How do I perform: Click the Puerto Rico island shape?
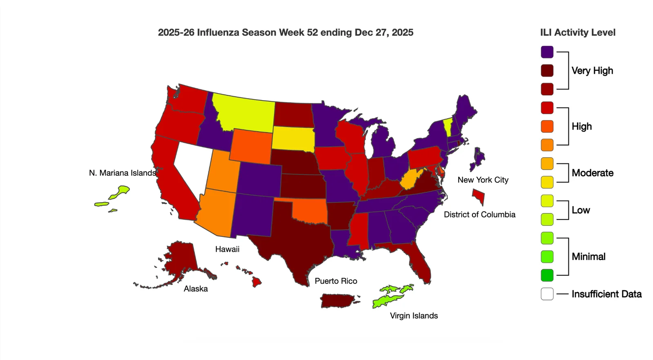[x=339, y=300]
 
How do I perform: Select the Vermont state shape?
[x=448, y=127]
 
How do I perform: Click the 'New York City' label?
[x=483, y=180]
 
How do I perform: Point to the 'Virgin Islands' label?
[x=414, y=316]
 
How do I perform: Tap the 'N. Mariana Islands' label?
[x=122, y=173]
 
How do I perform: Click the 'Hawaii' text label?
[x=227, y=249]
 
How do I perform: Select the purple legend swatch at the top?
[x=547, y=52]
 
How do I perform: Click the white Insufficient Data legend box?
[x=547, y=294]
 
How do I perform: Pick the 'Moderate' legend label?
[x=592, y=173]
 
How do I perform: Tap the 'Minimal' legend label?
[x=588, y=257]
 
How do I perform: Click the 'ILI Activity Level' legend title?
[x=577, y=33]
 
